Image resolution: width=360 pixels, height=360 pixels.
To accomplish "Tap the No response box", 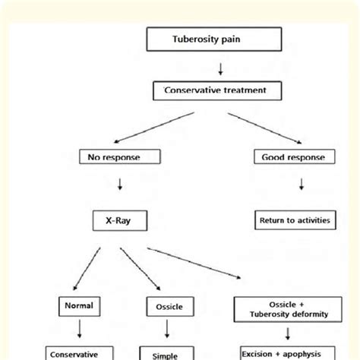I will (120, 158).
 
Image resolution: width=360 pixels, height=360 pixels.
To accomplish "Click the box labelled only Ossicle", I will (166, 308).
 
